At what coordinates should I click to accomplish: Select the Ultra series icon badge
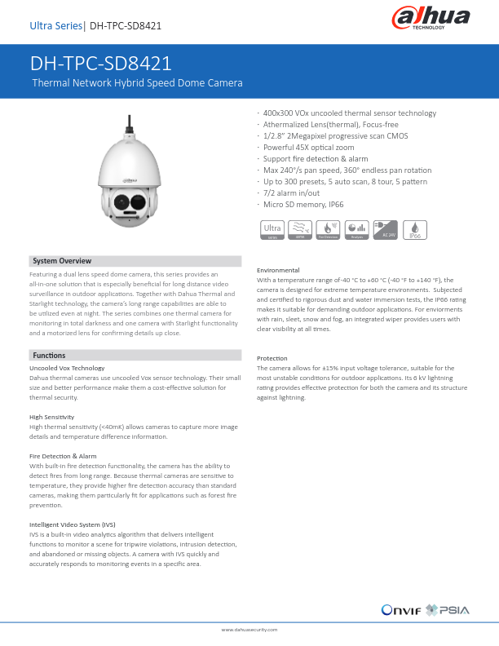[x=272, y=229]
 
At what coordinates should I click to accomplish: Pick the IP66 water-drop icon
[x=415, y=229]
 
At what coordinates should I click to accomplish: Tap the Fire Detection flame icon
[x=329, y=229]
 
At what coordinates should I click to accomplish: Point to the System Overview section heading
[x=62, y=261]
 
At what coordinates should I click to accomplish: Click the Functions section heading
[x=49, y=356]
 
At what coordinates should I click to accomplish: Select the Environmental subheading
[x=278, y=270]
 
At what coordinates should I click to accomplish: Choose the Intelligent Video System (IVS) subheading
[x=73, y=524]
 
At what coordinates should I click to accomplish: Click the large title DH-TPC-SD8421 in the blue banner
[x=101, y=64]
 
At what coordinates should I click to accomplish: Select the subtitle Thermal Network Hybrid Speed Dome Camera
[x=137, y=83]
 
